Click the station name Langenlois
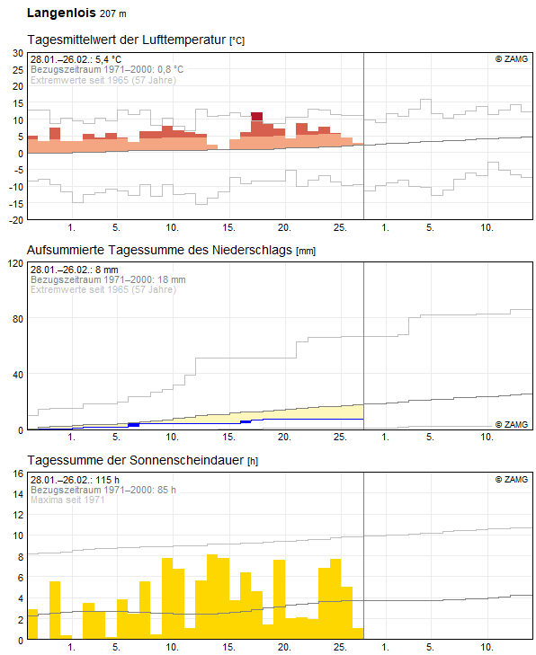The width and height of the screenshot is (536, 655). pyautogui.click(x=60, y=13)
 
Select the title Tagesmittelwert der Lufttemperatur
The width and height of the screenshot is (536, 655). pyautogui.click(x=127, y=40)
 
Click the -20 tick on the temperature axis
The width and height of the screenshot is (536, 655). pyautogui.click(x=14, y=220)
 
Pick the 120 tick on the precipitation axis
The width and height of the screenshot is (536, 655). pyautogui.click(x=14, y=263)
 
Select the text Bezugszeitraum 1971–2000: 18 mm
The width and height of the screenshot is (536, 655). pyautogui.click(x=108, y=279)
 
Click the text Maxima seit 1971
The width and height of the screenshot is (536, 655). pyautogui.click(x=67, y=500)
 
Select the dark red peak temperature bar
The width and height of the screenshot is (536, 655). pyautogui.click(x=256, y=116)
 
